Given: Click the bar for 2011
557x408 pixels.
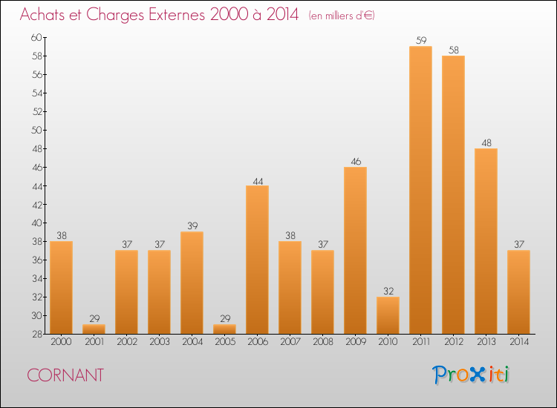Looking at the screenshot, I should [420, 190].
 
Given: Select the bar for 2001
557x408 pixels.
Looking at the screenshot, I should [94, 329].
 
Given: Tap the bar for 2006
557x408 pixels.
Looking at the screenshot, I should [257, 260].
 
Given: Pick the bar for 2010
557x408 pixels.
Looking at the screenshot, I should [388, 315].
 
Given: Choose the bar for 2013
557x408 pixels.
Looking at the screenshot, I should [486, 241].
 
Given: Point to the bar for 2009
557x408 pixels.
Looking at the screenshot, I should [355, 250].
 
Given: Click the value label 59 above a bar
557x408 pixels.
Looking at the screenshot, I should [420, 41].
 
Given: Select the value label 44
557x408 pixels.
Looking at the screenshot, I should [257, 180].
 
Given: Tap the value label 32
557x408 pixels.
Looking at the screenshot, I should [388, 292].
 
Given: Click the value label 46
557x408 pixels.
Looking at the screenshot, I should [355, 162].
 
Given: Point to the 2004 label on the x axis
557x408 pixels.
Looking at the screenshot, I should [192, 341].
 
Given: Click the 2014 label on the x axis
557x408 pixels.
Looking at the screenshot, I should [518, 341].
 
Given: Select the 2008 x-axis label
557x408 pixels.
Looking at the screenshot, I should [322, 341].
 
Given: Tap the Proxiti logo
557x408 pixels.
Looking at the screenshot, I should [472, 375].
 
